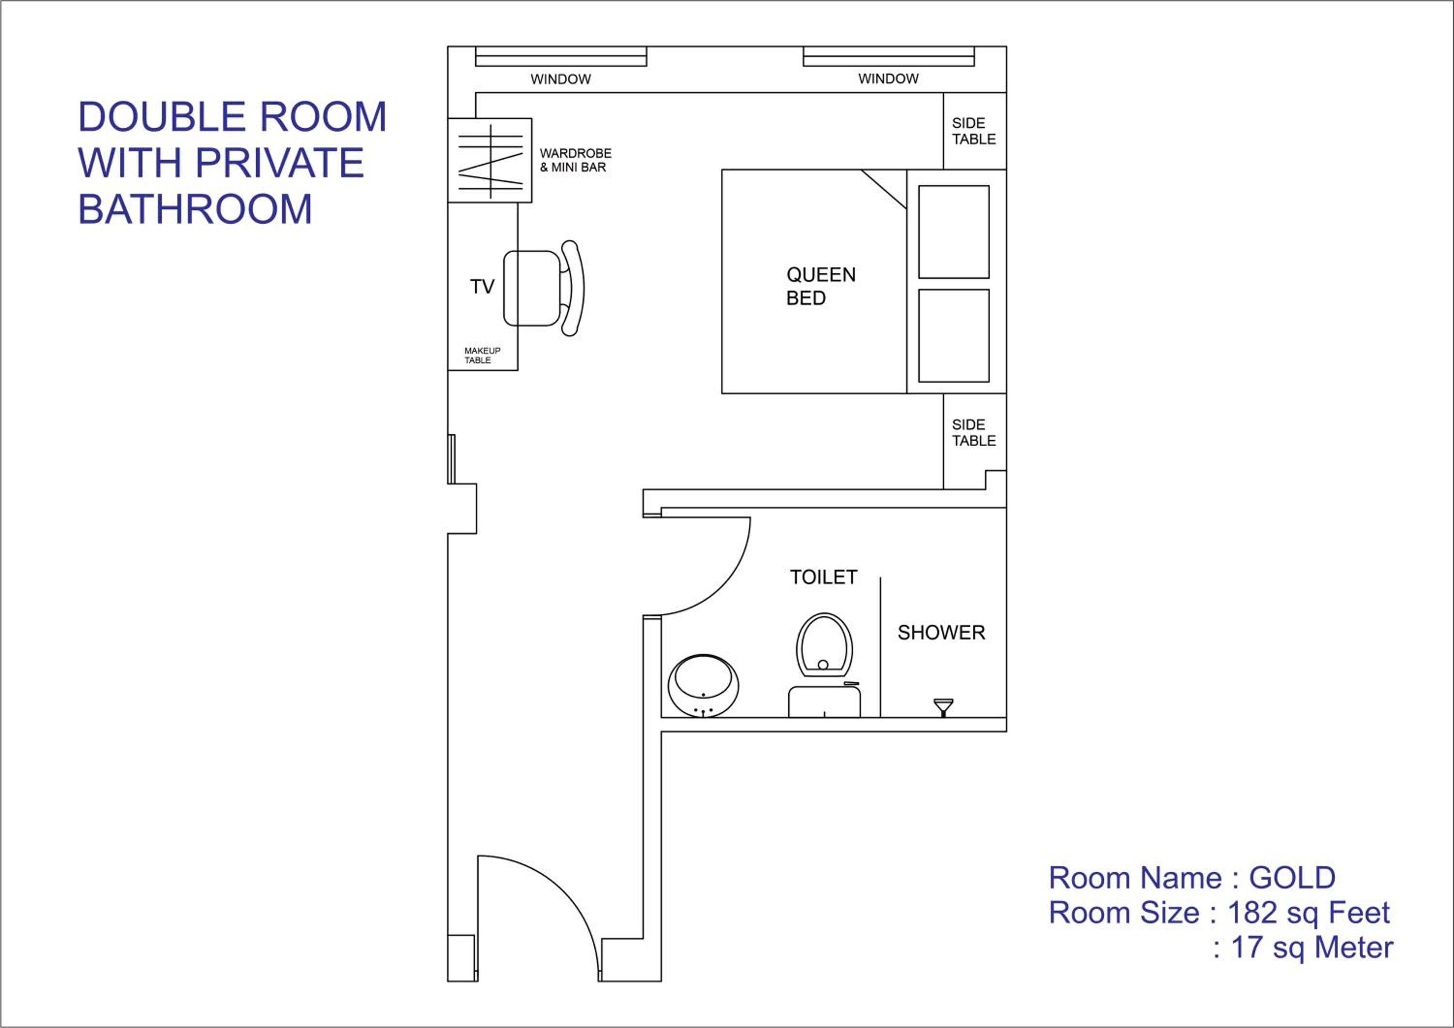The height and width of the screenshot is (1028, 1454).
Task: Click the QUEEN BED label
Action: point(821,286)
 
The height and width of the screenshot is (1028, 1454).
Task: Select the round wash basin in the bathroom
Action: point(703,685)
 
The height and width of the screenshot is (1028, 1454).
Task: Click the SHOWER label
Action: point(941,632)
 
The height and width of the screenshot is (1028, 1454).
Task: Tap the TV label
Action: point(482,287)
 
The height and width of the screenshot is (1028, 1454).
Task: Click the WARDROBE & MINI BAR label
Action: point(575,160)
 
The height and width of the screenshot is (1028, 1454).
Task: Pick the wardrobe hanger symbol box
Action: point(490,160)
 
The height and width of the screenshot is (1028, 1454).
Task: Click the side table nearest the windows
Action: point(975,131)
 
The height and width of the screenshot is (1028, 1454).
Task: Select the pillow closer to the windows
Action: point(954,232)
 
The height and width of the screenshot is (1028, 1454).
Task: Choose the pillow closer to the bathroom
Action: point(954,336)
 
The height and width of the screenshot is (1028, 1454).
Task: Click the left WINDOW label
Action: point(560,79)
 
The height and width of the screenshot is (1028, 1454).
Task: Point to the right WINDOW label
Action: point(888,78)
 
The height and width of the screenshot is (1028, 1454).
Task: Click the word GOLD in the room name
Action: point(1292,878)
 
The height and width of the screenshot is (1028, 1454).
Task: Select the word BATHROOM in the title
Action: point(195,209)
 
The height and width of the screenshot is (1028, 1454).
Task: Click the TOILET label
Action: point(823,577)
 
